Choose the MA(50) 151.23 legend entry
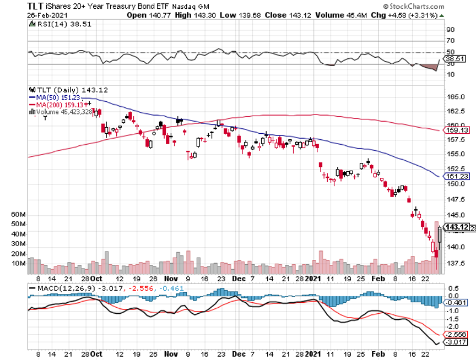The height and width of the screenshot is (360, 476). coord(55,97)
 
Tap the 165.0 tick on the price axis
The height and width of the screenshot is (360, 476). coord(453,96)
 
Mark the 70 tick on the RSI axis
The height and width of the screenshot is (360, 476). coord(450,41)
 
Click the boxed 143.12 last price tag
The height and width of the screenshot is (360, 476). coord(456,227)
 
